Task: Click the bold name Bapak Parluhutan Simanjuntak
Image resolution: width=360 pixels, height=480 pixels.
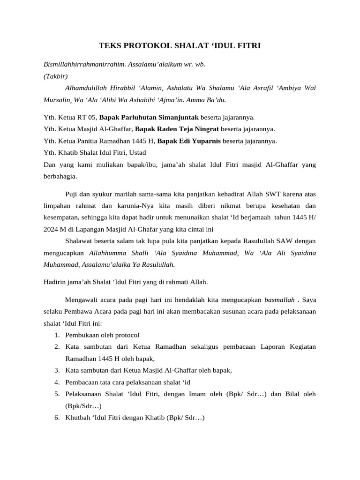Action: tap(149, 117)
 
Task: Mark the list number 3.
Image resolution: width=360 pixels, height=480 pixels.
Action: tap(56, 370)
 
